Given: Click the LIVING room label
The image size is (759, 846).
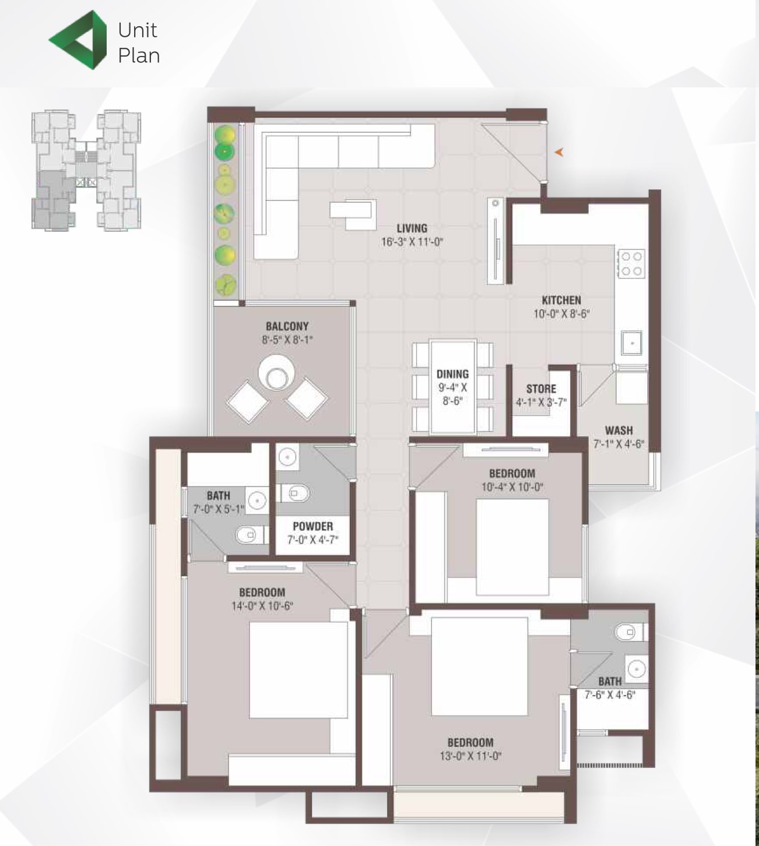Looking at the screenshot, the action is (x=412, y=228).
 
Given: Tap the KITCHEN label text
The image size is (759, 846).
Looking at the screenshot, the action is (x=561, y=300).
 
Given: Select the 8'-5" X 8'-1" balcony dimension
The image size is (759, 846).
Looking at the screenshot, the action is (x=287, y=340).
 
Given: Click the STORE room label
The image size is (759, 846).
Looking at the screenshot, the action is (x=541, y=389).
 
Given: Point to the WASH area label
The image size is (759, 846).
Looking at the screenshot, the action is (x=619, y=430).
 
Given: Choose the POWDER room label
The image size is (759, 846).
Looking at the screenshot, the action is (x=313, y=526).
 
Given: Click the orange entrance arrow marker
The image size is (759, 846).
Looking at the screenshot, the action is (x=559, y=153).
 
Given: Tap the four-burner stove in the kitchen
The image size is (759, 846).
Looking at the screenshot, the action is (x=631, y=263).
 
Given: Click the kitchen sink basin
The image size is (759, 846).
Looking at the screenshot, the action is (x=631, y=343).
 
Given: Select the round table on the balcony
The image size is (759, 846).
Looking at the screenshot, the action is (x=276, y=373).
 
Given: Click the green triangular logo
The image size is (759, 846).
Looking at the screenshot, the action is (x=78, y=40).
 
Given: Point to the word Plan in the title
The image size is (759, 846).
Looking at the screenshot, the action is (x=139, y=55).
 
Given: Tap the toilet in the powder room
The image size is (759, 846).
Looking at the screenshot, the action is (x=294, y=493).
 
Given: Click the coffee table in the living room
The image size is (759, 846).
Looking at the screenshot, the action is (x=353, y=214).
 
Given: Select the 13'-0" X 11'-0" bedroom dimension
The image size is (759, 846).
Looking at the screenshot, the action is (x=470, y=755).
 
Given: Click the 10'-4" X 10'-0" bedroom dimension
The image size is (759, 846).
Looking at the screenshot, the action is (x=512, y=487).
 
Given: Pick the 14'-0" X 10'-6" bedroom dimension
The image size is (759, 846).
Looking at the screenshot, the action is (x=262, y=605).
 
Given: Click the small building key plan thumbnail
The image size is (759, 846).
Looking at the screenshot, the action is (x=86, y=170).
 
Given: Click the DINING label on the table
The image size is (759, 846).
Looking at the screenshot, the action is (x=452, y=373).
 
